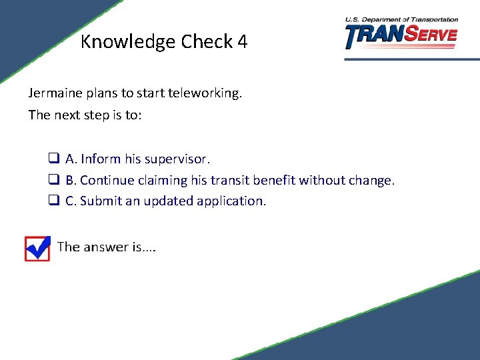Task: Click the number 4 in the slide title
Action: pyautogui.click(x=241, y=42)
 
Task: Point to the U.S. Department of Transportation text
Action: pyautogui.click(x=401, y=20)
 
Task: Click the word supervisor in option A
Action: pyautogui.click(x=177, y=159)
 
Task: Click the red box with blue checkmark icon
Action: pyautogui.click(x=37, y=248)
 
